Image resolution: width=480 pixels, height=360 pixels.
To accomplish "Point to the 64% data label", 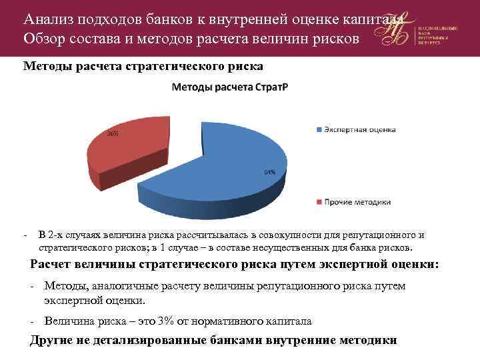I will [269, 172].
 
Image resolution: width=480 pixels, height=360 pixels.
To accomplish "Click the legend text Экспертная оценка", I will [360, 129].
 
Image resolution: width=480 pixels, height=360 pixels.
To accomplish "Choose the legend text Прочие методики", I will [358, 201].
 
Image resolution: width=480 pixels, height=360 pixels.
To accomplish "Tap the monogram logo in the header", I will [394, 30].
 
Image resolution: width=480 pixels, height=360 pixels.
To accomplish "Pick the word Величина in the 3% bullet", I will [67, 321].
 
